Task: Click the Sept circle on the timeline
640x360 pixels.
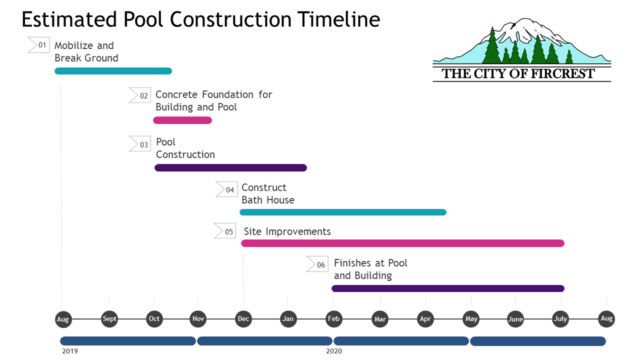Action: (x=109, y=319)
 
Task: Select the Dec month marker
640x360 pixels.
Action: (x=244, y=319)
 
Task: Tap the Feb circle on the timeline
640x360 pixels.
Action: (x=333, y=319)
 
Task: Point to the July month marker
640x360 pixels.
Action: (x=560, y=319)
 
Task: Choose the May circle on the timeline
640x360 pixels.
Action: (x=471, y=319)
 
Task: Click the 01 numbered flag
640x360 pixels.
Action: (x=39, y=45)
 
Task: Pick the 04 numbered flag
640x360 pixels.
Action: (x=226, y=189)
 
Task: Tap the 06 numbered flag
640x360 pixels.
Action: (x=317, y=264)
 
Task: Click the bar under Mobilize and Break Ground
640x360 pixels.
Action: (x=113, y=71)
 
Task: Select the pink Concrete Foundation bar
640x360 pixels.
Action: (x=182, y=120)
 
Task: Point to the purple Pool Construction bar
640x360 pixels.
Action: (x=230, y=167)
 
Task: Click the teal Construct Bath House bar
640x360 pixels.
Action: (x=343, y=212)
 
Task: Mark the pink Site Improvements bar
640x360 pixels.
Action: (x=402, y=243)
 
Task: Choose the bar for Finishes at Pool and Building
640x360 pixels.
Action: (x=448, y=288)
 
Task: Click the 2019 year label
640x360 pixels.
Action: (x=70, y=351)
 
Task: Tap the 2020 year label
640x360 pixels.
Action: (x=334, y=351)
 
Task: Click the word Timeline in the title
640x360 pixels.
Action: (x=338, y=19)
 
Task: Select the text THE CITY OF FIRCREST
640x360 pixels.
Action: (x=518, y=74)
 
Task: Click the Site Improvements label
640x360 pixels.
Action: (x=287, y=231)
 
